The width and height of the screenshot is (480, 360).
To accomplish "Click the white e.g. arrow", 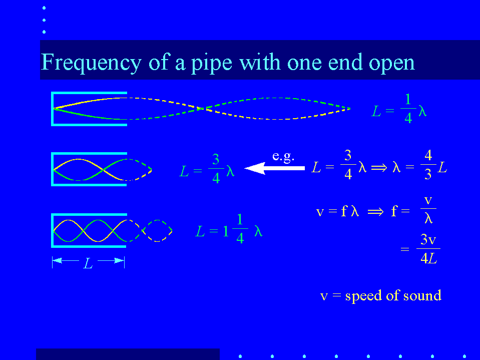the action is click(274, 168).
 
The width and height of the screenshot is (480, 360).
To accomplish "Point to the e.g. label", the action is click(283, 156).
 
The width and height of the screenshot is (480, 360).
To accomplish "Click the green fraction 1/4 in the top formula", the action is click(408, 108).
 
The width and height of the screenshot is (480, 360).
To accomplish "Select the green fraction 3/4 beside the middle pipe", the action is click(216, 168).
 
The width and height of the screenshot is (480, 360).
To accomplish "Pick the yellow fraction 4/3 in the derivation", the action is click(428, 164).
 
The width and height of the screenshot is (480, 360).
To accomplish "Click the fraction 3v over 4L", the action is click(428, 248).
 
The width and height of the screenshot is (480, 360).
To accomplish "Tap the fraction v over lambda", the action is click(428, 209).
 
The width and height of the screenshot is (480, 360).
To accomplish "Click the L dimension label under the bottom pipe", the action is click(88, 263).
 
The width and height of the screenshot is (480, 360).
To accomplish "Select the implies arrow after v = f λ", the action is click(375, 211).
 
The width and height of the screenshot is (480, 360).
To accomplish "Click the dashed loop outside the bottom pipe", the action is click(157, 231).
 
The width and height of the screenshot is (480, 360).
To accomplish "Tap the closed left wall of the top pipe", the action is click(53, 109).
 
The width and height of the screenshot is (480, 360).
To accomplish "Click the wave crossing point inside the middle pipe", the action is click(103, 170).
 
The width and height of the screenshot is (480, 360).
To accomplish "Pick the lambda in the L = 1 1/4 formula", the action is click(258, 231).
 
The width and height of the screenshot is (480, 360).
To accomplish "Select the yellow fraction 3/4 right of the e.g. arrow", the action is click(348, 164).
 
